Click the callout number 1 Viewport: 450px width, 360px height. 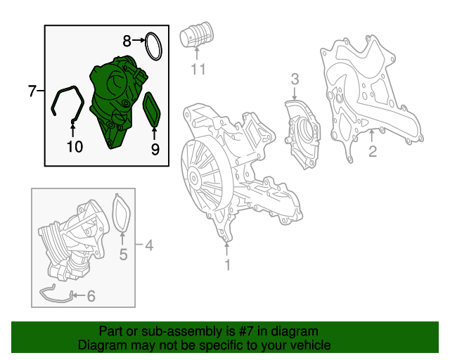[x=227, y=265]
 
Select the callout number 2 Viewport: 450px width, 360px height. [x=373, y=150]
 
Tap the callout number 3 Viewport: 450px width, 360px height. [x=295, y=79]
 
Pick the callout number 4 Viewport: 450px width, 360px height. [x=148, y=245]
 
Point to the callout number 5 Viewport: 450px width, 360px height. [x=123, y=255]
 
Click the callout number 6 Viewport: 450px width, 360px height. [x=91, y=296]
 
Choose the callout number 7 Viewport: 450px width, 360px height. [x=31, y=91]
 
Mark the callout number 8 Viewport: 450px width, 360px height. [x=127, y=41]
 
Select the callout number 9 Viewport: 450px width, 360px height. [x=155, y=148]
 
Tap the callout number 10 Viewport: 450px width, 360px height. [x=75, y=146]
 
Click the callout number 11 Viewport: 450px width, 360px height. [x=198, y=69]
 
